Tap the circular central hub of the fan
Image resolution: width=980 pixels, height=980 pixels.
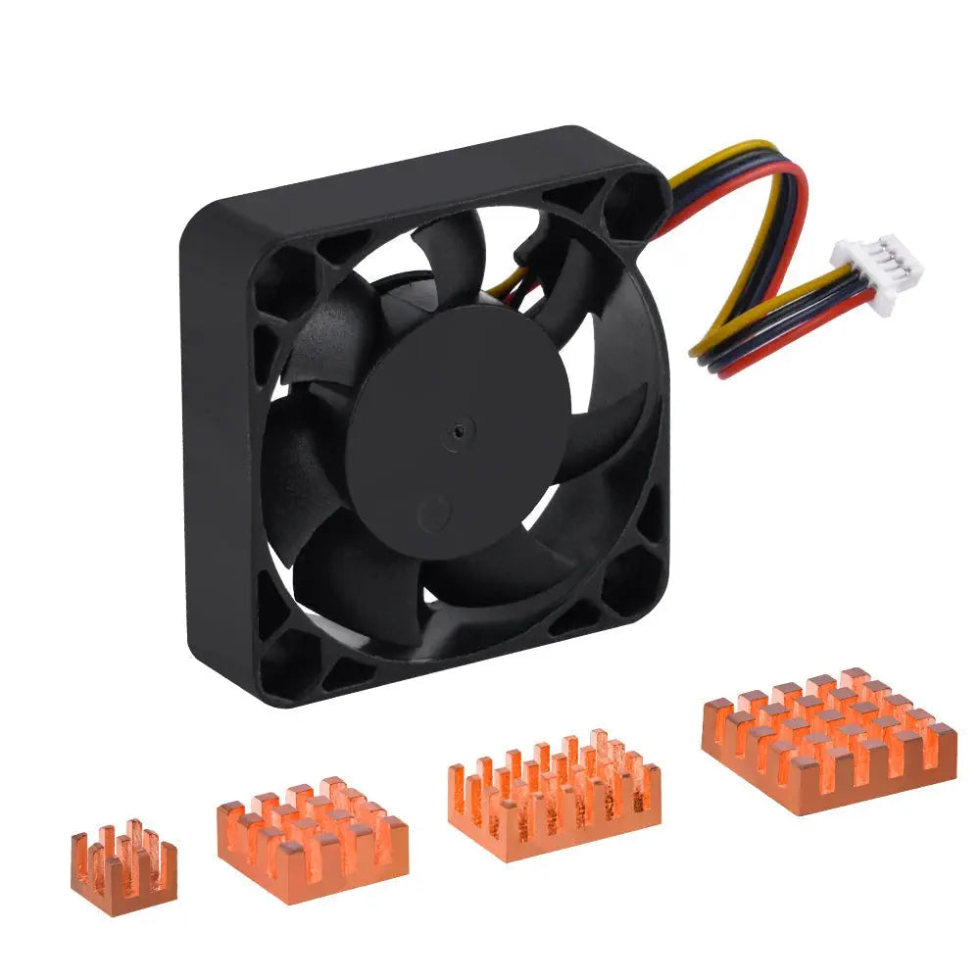point(459,431)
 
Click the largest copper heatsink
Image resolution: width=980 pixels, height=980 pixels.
point(829,740)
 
